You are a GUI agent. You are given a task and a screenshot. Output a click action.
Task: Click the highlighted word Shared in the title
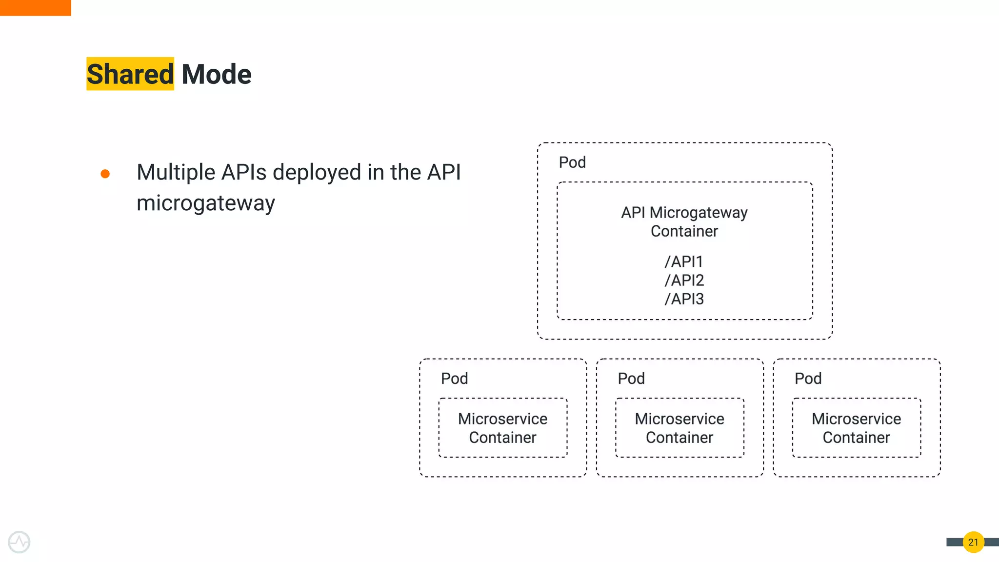130,74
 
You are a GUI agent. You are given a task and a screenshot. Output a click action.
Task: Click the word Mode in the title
216,74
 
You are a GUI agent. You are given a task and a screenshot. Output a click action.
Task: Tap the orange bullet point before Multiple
105,174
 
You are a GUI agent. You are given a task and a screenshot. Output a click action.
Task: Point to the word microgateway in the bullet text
205,203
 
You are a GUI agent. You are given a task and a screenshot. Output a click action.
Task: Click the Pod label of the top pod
572,162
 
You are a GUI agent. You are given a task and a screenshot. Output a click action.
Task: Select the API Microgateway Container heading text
684,222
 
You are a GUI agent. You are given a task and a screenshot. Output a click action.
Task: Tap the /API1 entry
684,262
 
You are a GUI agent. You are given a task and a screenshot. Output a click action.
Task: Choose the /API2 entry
684,281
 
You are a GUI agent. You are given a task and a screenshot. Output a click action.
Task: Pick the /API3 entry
684,299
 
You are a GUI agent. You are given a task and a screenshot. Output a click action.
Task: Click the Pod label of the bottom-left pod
454,379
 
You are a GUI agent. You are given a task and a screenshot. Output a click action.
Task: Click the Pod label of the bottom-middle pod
631,379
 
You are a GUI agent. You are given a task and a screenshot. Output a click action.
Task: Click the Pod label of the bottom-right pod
808,379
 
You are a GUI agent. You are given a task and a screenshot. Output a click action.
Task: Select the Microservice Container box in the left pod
502,428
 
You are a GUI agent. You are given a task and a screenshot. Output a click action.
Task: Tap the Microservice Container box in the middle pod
679,428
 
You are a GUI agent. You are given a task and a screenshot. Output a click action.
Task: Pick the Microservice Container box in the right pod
856,428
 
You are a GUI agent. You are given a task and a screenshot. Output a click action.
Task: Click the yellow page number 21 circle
973,542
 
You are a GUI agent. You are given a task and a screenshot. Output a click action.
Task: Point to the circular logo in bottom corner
19,542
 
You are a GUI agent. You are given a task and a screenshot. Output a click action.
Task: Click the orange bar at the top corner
35,8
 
